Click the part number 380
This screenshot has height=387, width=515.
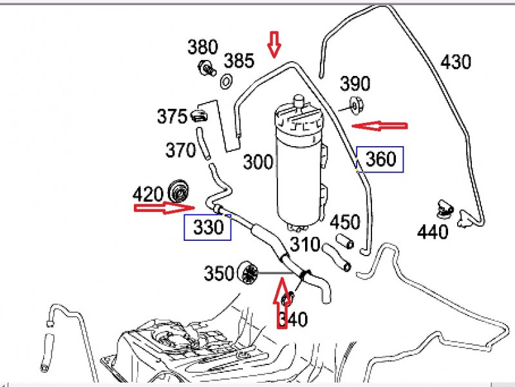pos(203,47)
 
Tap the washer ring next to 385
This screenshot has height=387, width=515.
pos(227,81)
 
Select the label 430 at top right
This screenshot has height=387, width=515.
pos(456,62)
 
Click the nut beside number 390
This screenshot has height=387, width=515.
pos(355,104)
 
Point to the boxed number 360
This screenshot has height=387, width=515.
pos(380,159)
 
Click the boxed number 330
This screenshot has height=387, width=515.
pos(207,227)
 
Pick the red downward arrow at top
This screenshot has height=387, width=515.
pos(275,44)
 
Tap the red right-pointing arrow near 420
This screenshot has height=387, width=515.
pos(164,207)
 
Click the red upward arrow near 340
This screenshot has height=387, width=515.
pos(281,303)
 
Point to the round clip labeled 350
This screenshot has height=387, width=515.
pos(248,273)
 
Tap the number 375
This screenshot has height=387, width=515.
pos(172,117)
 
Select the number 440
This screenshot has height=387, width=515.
pos(432,231)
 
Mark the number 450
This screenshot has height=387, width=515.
pos(345,222)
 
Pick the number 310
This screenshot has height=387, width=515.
pos(304,245)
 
